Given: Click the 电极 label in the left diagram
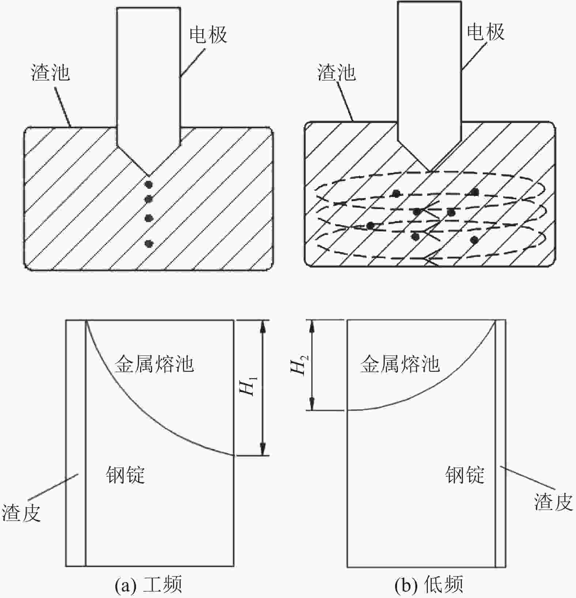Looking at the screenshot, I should tap(208, 35).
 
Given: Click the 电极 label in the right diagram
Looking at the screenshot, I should tap(486, 32).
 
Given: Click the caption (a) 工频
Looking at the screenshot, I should tap(148, 584).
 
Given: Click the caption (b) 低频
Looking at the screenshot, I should tap(429, 584).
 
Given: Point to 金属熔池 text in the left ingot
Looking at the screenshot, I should tap(154, 364).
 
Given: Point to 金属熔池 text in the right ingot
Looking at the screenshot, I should tap(400, 364).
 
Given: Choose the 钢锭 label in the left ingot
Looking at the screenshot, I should tap(125, 475).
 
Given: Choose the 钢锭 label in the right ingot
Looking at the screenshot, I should tap(464, 475).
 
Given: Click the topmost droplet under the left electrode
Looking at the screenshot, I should tap(148, 184).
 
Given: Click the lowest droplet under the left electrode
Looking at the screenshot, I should tap(148, 243).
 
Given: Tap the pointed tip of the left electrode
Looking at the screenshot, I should tap(148, 175).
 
